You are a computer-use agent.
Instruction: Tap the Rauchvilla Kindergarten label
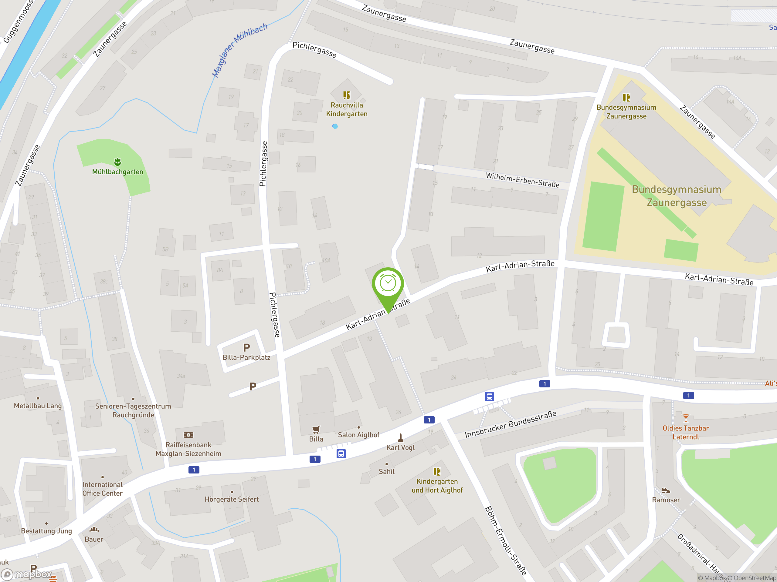click(347, 109)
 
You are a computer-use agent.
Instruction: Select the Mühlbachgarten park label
click(118, 172)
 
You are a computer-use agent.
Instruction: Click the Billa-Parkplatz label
click(246, 357)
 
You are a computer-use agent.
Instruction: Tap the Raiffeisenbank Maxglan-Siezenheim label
click(188, 449)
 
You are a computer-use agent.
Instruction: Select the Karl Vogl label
click(400, 448)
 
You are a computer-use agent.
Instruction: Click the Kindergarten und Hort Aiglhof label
click(437, 486)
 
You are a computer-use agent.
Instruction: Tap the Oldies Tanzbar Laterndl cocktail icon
click(686, 418)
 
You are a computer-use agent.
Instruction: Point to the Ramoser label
click(666, 500)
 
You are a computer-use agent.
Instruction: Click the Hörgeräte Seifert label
click(232, 499)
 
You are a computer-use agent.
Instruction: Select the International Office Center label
click(102, 489)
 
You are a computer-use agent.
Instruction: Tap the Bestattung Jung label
click(46, 531)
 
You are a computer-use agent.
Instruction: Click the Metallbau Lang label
click(38, 406)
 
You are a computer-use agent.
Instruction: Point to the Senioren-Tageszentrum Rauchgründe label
click(133, 410)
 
